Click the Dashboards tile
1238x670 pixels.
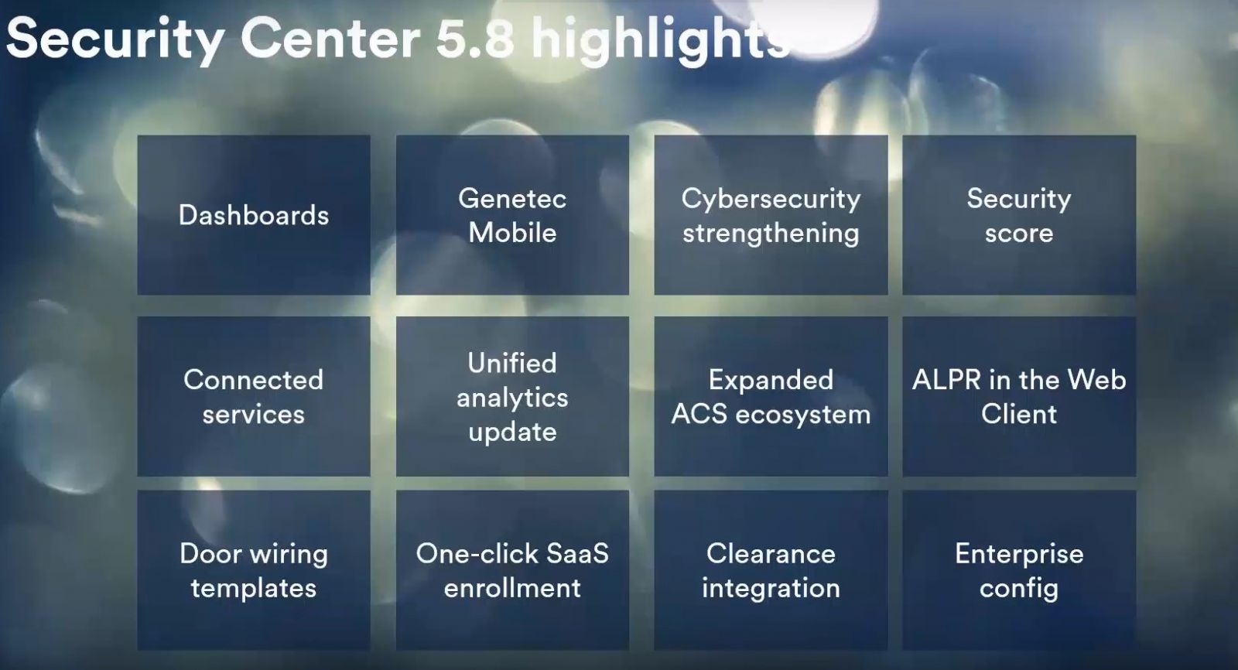click(254, 215)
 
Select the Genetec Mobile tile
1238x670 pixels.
click(512, 215)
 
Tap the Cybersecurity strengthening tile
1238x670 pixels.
click(771, 215)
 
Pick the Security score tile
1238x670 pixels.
click(1019, 215)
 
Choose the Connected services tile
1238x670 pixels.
click(254, 396)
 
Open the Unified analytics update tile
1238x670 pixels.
click(512, 396)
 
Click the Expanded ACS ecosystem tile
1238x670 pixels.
click(771, 396)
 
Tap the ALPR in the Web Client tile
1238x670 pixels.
click(1019, 396)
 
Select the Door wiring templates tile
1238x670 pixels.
click(254, 570)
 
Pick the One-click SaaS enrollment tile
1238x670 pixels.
click(512, 570)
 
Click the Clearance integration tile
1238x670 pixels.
click(771, 570)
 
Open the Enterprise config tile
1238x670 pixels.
click(1019, 570)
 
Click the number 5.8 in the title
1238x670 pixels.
click(475, 39)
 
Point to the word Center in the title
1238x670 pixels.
click(330, 39)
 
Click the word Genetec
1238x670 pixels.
click(512, 199)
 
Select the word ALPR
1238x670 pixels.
click(946, 380)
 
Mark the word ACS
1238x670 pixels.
click(699, 414)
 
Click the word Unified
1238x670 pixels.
click(512, 363)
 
